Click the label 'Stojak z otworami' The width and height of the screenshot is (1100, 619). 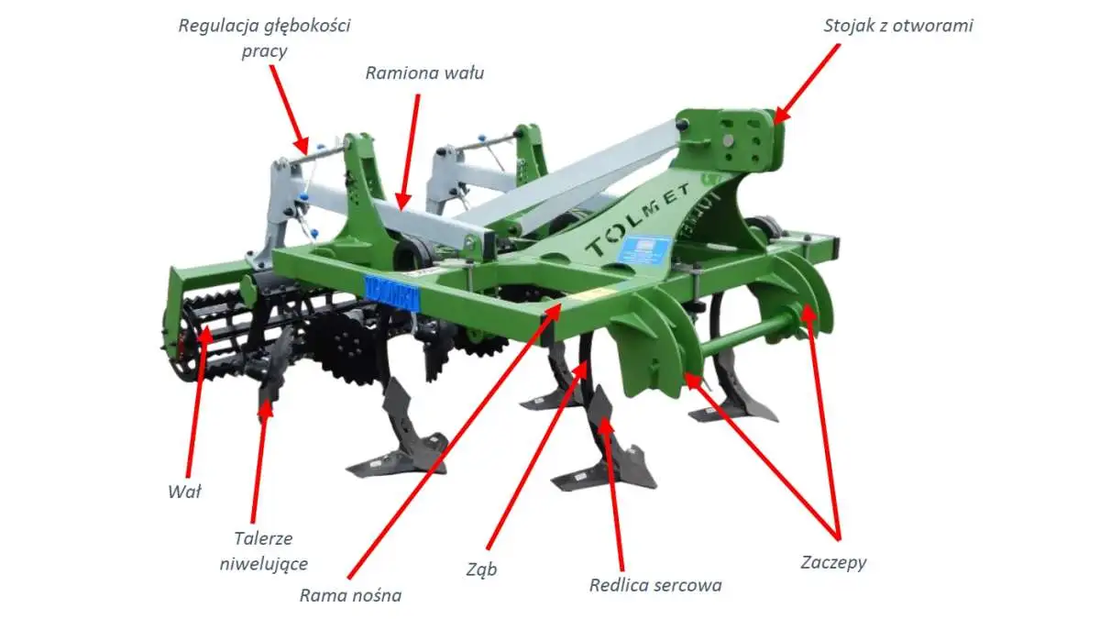898,26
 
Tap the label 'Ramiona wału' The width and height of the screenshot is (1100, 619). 424,73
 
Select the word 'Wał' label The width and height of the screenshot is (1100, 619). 184,492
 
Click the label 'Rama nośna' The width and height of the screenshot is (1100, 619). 350,596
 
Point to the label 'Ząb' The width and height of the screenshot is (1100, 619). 481,569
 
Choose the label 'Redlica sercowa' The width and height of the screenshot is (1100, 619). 655,586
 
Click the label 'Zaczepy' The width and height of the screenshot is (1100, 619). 833,562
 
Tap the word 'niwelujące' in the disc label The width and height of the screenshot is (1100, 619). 264,564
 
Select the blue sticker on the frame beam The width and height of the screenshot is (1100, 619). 391,293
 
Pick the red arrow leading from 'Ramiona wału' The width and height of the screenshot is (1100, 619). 410,152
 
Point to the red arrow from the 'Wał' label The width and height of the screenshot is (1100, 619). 197,401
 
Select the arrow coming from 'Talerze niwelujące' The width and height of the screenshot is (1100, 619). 259,460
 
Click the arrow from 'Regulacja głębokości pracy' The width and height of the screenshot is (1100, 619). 290,109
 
